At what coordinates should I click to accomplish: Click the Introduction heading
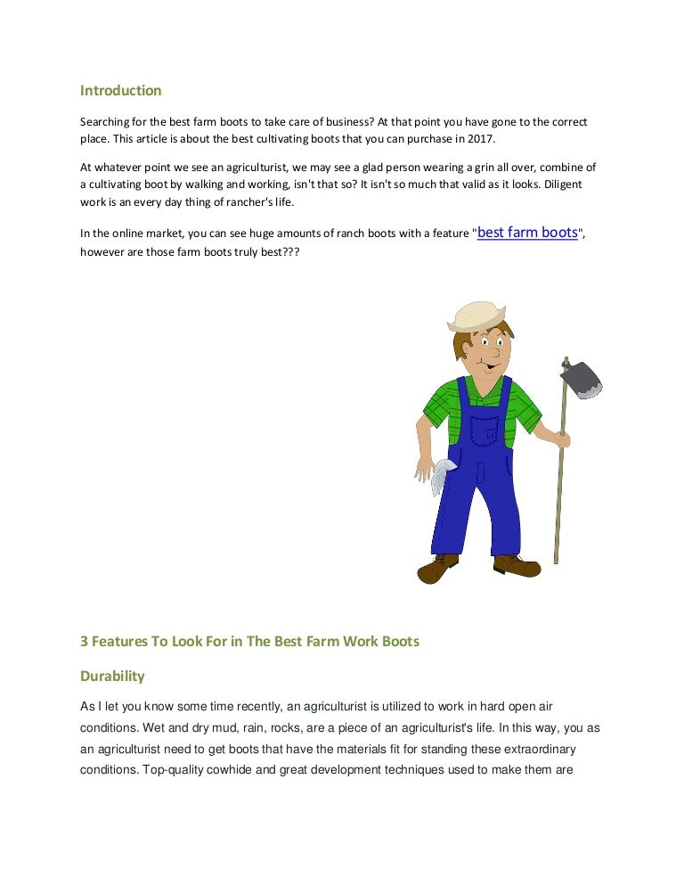tap(121, 90)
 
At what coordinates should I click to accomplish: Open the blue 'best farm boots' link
tap(528, 233)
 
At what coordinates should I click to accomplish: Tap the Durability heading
tap(112, 676)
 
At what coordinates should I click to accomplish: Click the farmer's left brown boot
tap(438, 568)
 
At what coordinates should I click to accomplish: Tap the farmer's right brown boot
tap(517, 564)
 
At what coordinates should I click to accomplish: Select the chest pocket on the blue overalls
tap(486, 429)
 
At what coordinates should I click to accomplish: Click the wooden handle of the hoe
tap(560, 481)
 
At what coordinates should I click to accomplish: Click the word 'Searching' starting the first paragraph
tap(107, 121)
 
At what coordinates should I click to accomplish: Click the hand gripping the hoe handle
tap(561, 438)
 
